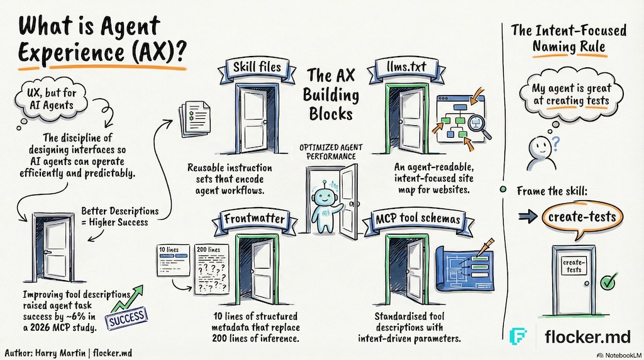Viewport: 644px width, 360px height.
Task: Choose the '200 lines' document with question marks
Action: coord(211,270)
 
